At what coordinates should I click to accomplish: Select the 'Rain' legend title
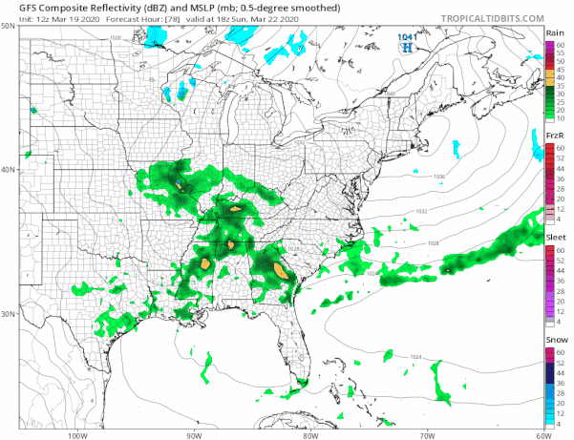[554, 32]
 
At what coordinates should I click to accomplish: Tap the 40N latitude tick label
[8, 170]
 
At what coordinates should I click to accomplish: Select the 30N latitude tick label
[8, 314]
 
